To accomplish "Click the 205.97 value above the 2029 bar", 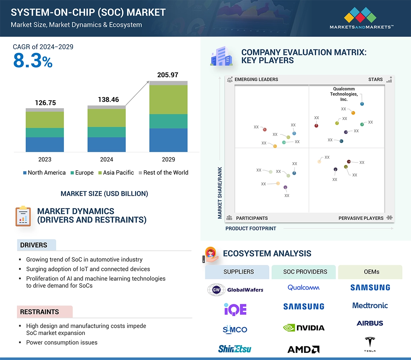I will tap(168, 75).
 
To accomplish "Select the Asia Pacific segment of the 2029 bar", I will tap(168, 100).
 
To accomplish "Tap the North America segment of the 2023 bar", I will tap(45, 144).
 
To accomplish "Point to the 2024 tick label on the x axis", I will tap(106, 159).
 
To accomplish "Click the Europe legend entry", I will tap(82, 173).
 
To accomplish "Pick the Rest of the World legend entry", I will tap(163, 173).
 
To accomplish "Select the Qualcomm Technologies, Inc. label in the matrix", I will tap(344, 94).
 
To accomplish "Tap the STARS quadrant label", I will tap(376, 79).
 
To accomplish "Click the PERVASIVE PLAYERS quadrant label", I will tap(361, 218).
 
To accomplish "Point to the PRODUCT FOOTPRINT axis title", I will tap(251, 228).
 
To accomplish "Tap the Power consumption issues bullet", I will tap(62, 342).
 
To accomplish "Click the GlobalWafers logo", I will tap(235, 289).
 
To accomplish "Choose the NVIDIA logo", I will tap(304, 328).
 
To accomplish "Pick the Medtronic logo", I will tap(370, 305).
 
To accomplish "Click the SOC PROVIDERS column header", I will tap(305, 272).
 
